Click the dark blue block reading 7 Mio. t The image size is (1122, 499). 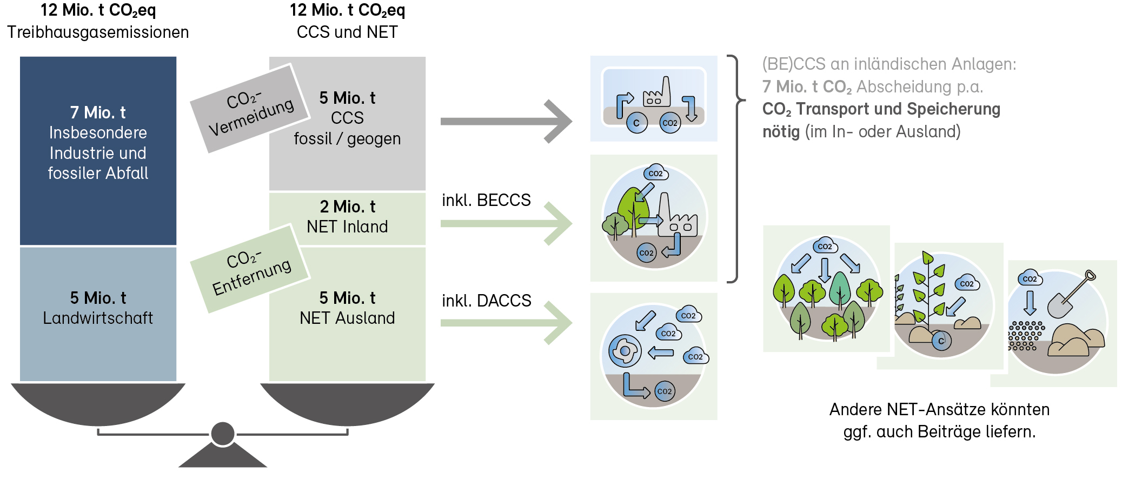click(98, 150)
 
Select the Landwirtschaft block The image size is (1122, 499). click(98, 314)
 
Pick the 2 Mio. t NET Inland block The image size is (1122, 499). click(347, 218)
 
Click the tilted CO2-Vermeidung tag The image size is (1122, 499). click(250, 108)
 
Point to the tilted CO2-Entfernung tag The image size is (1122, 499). click(250, 269)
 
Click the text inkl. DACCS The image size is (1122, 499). click(486, 301)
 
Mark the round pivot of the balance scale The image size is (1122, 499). click(223, 434)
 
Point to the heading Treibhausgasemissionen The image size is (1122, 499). click(98, 32)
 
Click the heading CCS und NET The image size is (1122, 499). click(347, 32)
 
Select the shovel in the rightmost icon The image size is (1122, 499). click(1069, 296)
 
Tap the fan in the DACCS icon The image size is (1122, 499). click(625, 351)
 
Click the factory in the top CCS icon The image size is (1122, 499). click(657, 94)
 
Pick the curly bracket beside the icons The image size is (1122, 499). click(735, 169)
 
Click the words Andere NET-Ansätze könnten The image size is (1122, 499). click(939, 409)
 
